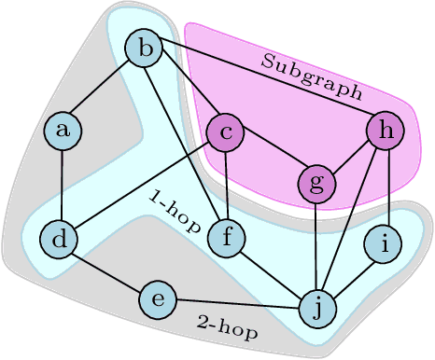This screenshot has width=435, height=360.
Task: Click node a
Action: pyautogui.click(x=63, y=130)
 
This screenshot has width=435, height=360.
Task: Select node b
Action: pyautogui.click(x=145, y=47)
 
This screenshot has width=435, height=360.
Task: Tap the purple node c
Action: pyautogui.click(x=225, y=132)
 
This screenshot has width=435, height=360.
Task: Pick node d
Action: pyautogui.click(x=59, y=240)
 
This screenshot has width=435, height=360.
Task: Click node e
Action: pyautogui.click(x=158, y=299)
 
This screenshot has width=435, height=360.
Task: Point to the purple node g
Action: pyautogui.click(x=317, y=182)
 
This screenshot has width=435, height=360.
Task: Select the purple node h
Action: pyautogui.click(x=386, y=131)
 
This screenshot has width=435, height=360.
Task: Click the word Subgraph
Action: pyautogui.click(x=313, y=76)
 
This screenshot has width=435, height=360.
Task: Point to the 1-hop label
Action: pyautogui.click(x=175, y=210)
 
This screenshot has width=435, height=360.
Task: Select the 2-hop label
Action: pyautogui.click(x=229, y=327)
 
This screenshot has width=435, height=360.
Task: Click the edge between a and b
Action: pyautogui.click(x=104, y=89)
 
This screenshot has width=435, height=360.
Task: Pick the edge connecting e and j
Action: pyautogui.click(x=238, y=303)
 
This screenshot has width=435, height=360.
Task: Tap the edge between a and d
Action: pyautogui.click(x=61, y=185)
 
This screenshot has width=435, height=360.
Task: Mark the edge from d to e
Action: pyautogui.click(x=108, y=270)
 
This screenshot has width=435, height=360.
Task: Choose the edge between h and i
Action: pyautogui.click(x=386, y=187)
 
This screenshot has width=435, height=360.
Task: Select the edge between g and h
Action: pyautogui.click(x=351, y=157)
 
